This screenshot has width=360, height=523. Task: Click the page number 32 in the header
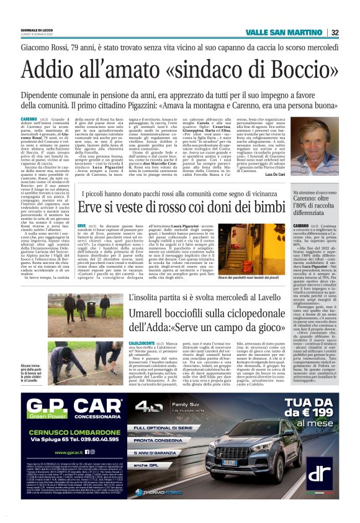click(351, 33)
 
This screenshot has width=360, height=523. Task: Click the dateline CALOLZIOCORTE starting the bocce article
click(92, 343)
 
